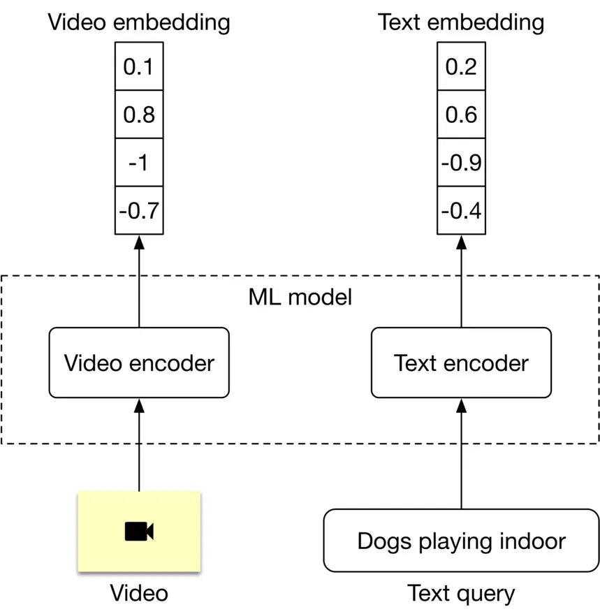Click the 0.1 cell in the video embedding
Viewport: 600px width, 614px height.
pyautogui.click(x=139, y=66)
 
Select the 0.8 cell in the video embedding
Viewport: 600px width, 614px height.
pyautogui.click(x=139, y=115)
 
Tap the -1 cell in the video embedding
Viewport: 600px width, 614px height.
pyautogui.click(x=139, y=163)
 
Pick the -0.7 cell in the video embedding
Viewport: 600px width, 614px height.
pyautogui.click(x=139, y=210)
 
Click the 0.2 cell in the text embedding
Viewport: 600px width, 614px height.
pyautogui.click(x=461, y=66)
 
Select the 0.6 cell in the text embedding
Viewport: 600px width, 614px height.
pyautogui.click(x=461, y=115)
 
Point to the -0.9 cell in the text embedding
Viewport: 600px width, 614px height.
pyautogui.click(x=461, y=163)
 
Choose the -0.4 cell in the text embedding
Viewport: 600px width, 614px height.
pyautogui.click(x=461, y=210)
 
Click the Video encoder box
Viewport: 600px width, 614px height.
pyautogui.click(x=139, y=363)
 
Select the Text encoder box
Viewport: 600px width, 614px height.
pyautogui.click(x=461, y=363)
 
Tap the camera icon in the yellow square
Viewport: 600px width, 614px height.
pyautogui.click(x=139, y=532)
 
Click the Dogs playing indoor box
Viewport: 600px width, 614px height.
pyautogui.click(x=461, y=541)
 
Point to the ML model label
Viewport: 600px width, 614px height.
pyautogui.click(x=300, y=298)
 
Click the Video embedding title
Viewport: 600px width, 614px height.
pyautogui.click(x=139, y=22)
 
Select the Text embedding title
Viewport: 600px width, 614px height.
pyautogui.click(x=461, y=22)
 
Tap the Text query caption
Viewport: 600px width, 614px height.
pyautogui.click(x=461, y=594)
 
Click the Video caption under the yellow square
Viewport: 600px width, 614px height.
pyautogui.click(x=139, y=594)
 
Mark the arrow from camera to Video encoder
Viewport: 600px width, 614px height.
pyautogui.click(x=139, y=447)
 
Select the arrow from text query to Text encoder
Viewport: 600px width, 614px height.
pyautogui.click(x=461, y=454)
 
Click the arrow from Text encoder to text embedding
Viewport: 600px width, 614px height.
pyautogui.click(x=461, y=279)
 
